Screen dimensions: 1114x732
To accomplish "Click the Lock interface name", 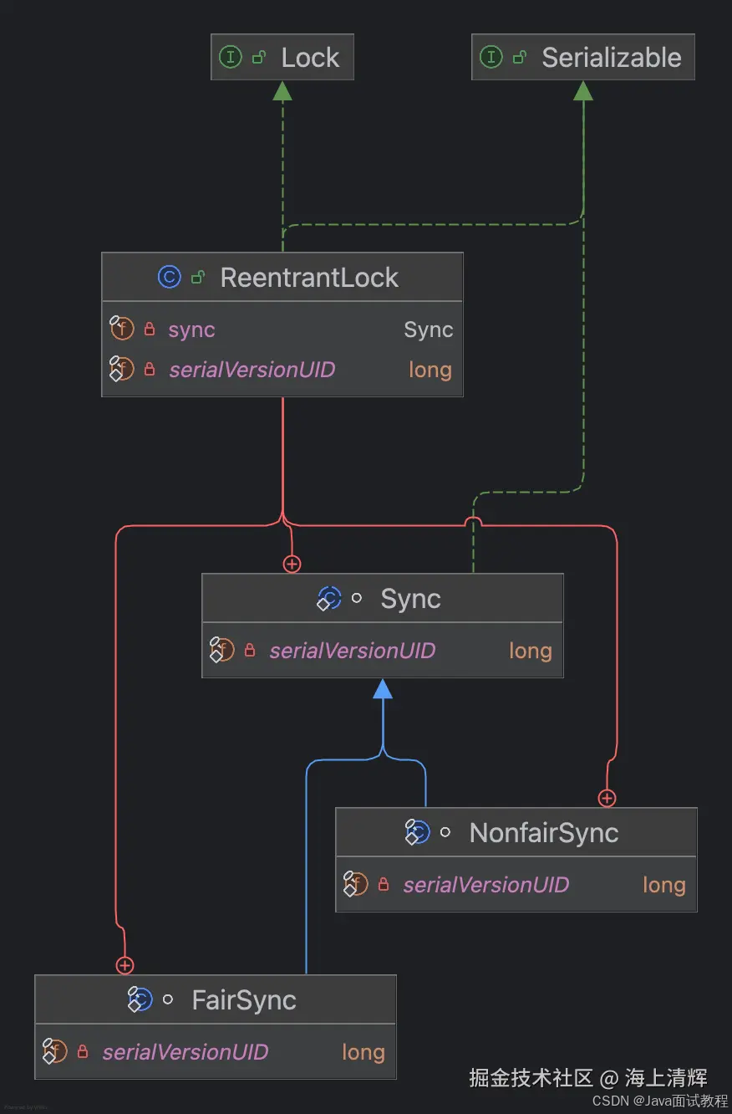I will [x=310, y=58].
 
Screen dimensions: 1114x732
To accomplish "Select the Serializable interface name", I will [x=611, y=58].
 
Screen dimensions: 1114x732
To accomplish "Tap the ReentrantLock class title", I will [x=309, y=278].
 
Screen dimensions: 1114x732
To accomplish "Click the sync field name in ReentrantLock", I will [x=191, y=330].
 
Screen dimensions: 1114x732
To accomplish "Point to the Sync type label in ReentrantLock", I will [x=428, y=330].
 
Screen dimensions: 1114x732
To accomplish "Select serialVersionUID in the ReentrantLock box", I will [x=252, y=370].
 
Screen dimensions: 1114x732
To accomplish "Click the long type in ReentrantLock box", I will [x=430, y=370].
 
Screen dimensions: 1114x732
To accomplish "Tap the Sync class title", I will [x=410, y=599].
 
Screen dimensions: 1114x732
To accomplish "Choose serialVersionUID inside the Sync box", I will [x=352, y=651].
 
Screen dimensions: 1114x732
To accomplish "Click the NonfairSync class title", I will [x=544, y=833].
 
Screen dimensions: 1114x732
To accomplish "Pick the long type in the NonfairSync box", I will [x=663, y=885].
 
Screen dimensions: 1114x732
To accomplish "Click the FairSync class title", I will [x=244, y=1000].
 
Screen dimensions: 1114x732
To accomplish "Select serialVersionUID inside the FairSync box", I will [x=185, y=1052].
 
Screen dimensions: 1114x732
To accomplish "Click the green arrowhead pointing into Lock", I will [x=282, y=91].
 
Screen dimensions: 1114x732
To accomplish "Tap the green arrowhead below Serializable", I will [x=583, y=91].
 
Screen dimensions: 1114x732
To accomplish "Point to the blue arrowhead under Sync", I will [x=383, y=689].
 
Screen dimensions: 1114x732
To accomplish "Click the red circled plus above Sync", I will [x=292, y=565].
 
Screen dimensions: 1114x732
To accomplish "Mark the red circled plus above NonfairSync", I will [x=607, y=799].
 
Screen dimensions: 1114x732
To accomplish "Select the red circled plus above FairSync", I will [x=125, y=966].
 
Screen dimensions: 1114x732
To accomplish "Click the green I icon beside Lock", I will [x=230, y=57].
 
